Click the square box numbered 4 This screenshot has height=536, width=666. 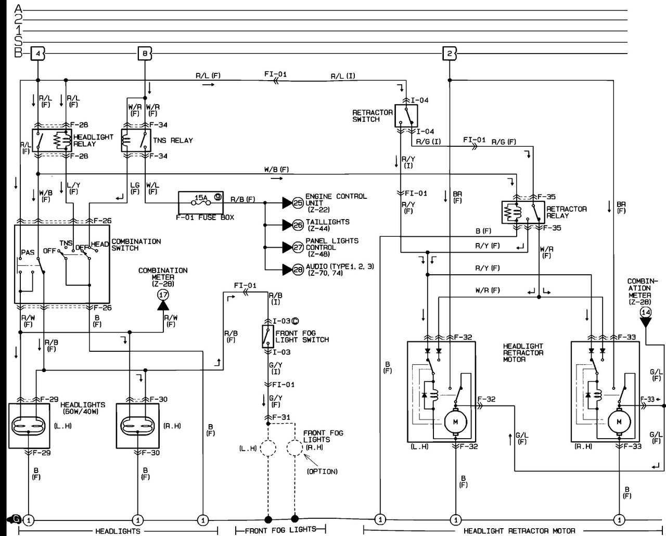(x=38, y=54)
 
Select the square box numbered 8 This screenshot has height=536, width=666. (x=145, y=54)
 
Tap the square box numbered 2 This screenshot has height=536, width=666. (x=450, y=54)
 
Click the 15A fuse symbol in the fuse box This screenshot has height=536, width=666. (x=201, y=203)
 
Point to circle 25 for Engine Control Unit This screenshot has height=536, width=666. (x=298, y=203)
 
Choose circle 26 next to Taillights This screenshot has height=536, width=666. (x=298, y=225)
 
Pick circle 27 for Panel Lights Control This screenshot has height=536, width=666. (x=298, y=247)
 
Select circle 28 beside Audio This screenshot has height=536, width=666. (x=298, y=270)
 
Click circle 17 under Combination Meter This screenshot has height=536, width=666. (x=163, y=295)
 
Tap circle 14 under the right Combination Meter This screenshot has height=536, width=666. (x=646, y=312)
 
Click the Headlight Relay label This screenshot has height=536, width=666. (x=93, y=141)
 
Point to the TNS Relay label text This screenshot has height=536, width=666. (x=173, y=141)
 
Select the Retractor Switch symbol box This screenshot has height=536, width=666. (x=406, y=116)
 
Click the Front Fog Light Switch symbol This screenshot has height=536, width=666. (x=267, y=336)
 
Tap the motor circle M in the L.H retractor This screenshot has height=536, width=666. (x=456, y=422)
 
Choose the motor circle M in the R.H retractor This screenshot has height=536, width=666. (x=619, y=422)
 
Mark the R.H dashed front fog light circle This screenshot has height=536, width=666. (x=294, y=448)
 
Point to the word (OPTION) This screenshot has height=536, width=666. (x=322, y=471)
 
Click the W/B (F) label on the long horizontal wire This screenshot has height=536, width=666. (x=276, y=169)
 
